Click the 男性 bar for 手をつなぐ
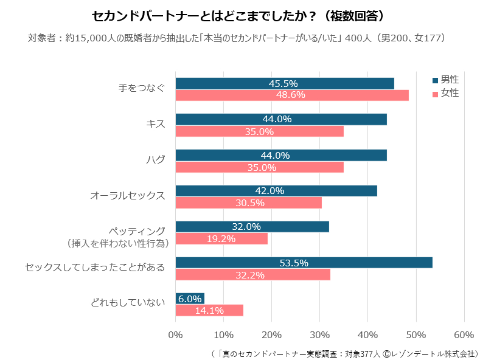tap(284, 83)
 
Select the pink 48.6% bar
tap(291, 95)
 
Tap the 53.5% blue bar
tap(304, 263)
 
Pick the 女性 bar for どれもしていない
tap(209, 310)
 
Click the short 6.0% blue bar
tap(190, 299)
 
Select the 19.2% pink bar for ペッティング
tap(221, 238)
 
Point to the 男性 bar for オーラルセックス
tap(276, 191)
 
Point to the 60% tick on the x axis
tap(464, 334)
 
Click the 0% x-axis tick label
tap(175, 334)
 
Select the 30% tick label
tap(319, 334)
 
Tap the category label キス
tap(156, 124)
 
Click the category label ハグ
tap(156, 160)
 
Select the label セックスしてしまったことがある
tap(95, 268)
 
